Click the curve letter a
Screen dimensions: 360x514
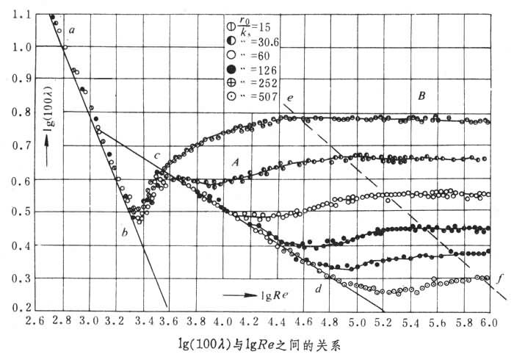point(72,30)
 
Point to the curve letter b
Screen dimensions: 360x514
point(124,233)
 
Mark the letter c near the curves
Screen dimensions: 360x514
point(156,156)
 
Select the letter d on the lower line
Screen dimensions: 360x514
point(318,288)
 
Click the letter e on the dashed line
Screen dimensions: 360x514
point(292,98)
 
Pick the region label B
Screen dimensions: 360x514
point(421,96)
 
